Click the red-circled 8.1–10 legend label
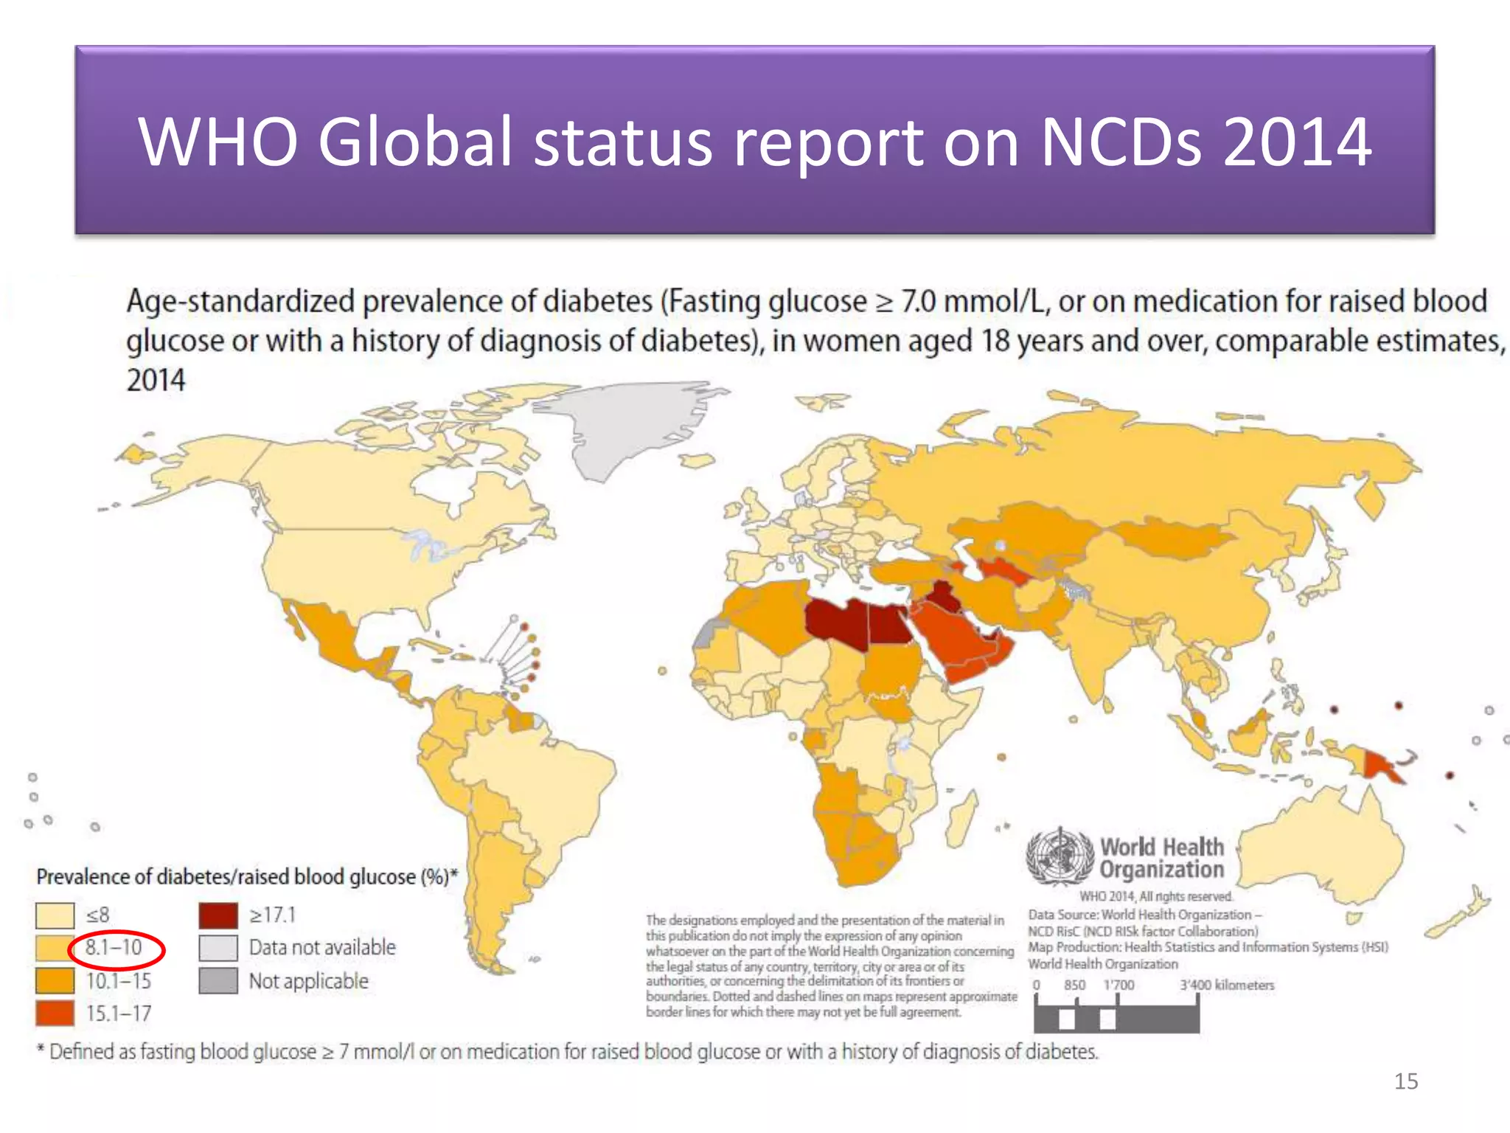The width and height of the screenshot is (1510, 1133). click(x=114, y=947)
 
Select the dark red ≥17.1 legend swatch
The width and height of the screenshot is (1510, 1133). click(x=218, y=915)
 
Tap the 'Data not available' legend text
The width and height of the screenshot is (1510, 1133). click(x=322, y=947)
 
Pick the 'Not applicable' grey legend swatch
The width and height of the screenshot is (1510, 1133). click(x=218, y=981)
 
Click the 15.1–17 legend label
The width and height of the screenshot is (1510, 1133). click(x=119, y=1014)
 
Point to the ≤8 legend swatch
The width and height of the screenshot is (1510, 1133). click(x=55, y=915)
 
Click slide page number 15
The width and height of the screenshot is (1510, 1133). click(x=1406, y=1081)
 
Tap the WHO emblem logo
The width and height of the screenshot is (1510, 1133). click(x=1060, y=856)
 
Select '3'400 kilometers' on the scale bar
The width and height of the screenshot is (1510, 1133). click(x=1227, y=985)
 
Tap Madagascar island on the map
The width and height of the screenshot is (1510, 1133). click(x=961, y=820)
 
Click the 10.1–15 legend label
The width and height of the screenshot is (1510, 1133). click(x=119, y=981)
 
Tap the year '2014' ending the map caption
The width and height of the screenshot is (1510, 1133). click(x=156, y=381)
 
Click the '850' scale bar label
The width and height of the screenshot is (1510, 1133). click(x=1074, y=985)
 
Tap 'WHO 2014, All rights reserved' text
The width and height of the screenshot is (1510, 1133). click(x=1156, y=896)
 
